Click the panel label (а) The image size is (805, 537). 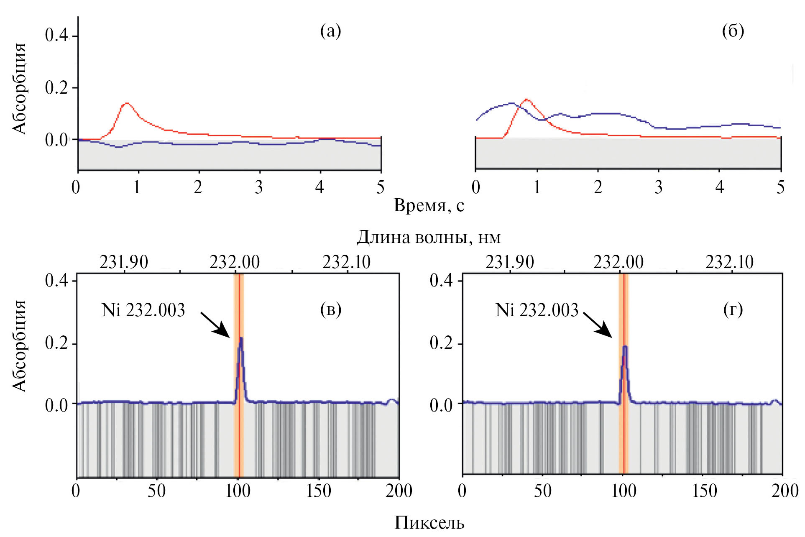pos(330,31)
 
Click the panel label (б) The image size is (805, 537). pos(733,31)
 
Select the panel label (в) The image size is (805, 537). pos(330,309)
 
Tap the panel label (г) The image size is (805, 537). pos(733,309)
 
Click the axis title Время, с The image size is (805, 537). pos(429,206)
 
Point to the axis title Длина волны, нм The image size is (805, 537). pos(429,237)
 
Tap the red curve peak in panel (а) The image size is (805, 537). pos(126,103)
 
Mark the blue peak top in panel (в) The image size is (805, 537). pos(241,338)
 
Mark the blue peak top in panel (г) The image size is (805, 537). pos(625,346)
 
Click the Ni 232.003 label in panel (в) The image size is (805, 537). pos(143,310)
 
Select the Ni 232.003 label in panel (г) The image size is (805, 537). pos(537,310)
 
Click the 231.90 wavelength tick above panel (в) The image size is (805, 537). pos(124,262)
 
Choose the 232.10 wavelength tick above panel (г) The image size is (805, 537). pos(729,262)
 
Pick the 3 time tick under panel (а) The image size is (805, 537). pos(259,187)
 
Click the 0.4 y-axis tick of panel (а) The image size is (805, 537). pos(56,35)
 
